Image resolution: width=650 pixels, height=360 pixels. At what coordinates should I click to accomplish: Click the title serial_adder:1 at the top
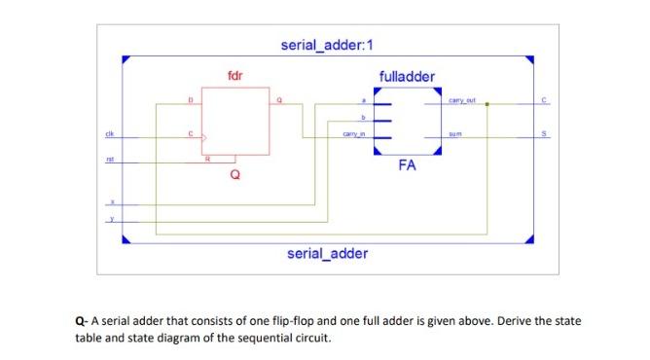328,45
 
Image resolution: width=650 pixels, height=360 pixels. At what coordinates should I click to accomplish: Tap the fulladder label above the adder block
407,76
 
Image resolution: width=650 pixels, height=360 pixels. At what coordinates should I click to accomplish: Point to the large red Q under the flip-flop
235,176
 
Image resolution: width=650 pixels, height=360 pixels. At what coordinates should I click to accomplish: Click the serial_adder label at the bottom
328,254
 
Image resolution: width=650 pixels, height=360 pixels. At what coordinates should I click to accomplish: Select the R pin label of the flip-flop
205,157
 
